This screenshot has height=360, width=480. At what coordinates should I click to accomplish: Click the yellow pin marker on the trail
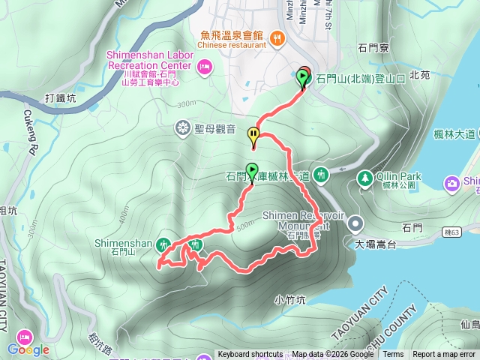253,136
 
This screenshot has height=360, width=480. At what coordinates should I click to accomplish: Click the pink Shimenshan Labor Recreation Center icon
204,69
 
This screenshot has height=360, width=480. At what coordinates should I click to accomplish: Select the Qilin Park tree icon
364,178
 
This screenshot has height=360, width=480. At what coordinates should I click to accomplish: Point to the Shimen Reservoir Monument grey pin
355,222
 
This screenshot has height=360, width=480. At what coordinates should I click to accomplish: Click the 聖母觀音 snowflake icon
182,127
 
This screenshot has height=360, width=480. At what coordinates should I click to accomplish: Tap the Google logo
28,349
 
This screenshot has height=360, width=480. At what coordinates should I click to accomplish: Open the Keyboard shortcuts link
250,355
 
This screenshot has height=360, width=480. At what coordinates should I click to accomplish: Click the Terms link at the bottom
393,355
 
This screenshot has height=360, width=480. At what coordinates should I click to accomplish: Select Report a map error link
444,355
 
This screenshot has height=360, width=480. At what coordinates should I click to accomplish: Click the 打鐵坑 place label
60,97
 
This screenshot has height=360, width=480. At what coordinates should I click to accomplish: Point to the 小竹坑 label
290,300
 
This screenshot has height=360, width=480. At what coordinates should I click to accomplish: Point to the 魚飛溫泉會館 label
232,34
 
